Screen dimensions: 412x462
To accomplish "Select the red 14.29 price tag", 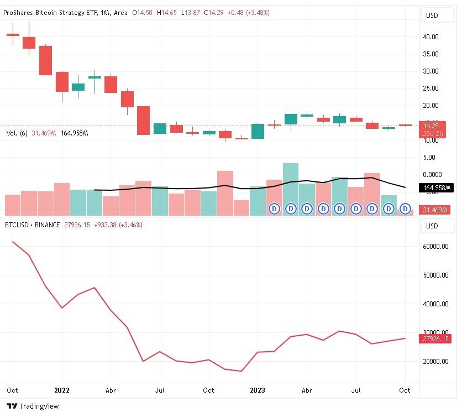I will click(x=431, y=126).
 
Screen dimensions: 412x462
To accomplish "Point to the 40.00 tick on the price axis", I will click(x=431, y=37).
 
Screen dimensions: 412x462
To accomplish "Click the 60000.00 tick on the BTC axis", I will click(x=436, y=247).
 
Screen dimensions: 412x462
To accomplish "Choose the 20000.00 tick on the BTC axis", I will click(x=436, y=362).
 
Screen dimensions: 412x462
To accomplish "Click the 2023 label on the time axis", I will click(x=257, y=390).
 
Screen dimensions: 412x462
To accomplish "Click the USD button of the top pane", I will click(x=431, y=15).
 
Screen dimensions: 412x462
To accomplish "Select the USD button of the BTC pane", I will click(x=431, y=226).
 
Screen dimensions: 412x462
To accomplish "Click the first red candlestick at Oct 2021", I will click(x=13, y=34).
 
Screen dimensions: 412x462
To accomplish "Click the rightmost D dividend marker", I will click(x=406, y=208).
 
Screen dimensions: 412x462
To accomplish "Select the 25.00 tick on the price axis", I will click(x=431, y=88).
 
